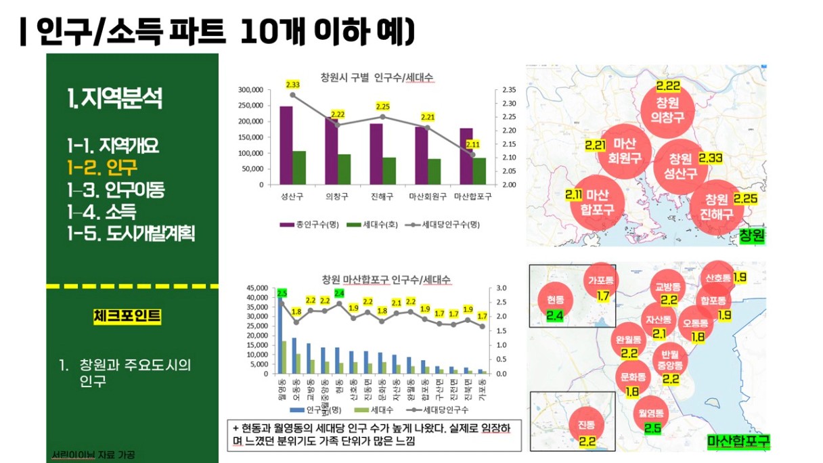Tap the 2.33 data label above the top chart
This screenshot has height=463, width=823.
293,85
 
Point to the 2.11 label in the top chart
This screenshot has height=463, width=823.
473,144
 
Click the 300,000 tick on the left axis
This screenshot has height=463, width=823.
251,90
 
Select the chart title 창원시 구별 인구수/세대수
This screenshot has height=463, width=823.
377,76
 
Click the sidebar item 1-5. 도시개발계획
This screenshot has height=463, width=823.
131,234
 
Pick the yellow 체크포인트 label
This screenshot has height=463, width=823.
127,315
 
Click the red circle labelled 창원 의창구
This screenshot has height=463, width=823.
667,110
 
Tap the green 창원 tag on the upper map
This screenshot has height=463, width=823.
751,236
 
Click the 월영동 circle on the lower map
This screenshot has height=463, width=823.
652,418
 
